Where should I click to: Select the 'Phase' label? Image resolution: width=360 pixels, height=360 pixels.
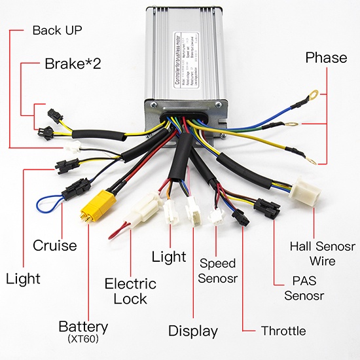click(326, 58)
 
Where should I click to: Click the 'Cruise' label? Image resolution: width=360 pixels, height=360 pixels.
click(55, 246)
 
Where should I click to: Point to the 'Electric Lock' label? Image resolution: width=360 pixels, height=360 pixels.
click(131, 291)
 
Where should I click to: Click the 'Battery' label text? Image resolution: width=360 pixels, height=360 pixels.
click(83, 326)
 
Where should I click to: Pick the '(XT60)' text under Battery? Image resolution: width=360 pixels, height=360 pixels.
click(83, 339)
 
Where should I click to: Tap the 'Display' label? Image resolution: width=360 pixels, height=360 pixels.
click(193, 331)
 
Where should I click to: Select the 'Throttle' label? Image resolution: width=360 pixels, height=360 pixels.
click(283, 331)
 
